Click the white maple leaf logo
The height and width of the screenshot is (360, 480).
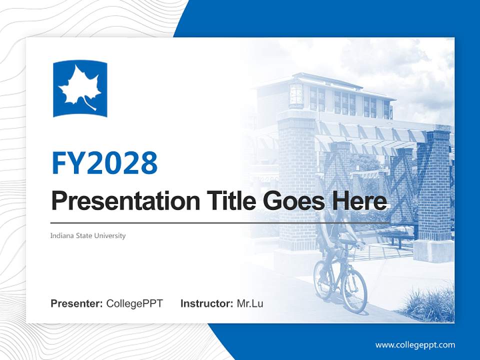click(80, 88)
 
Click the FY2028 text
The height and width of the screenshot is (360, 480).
click(104, 162)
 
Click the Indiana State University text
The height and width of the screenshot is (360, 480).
click(88, 235)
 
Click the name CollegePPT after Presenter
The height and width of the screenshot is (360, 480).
click(134, 303)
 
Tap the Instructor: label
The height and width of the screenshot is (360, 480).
click(206, 303)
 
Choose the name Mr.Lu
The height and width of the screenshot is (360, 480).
click(250, 303)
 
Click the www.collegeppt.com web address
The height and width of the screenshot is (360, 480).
click(415, 345)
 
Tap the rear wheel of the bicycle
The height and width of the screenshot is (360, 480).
click(323, 280)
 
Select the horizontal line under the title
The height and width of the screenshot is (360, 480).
click(220, 222)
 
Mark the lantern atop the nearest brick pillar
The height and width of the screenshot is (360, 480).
click(296, 95)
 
